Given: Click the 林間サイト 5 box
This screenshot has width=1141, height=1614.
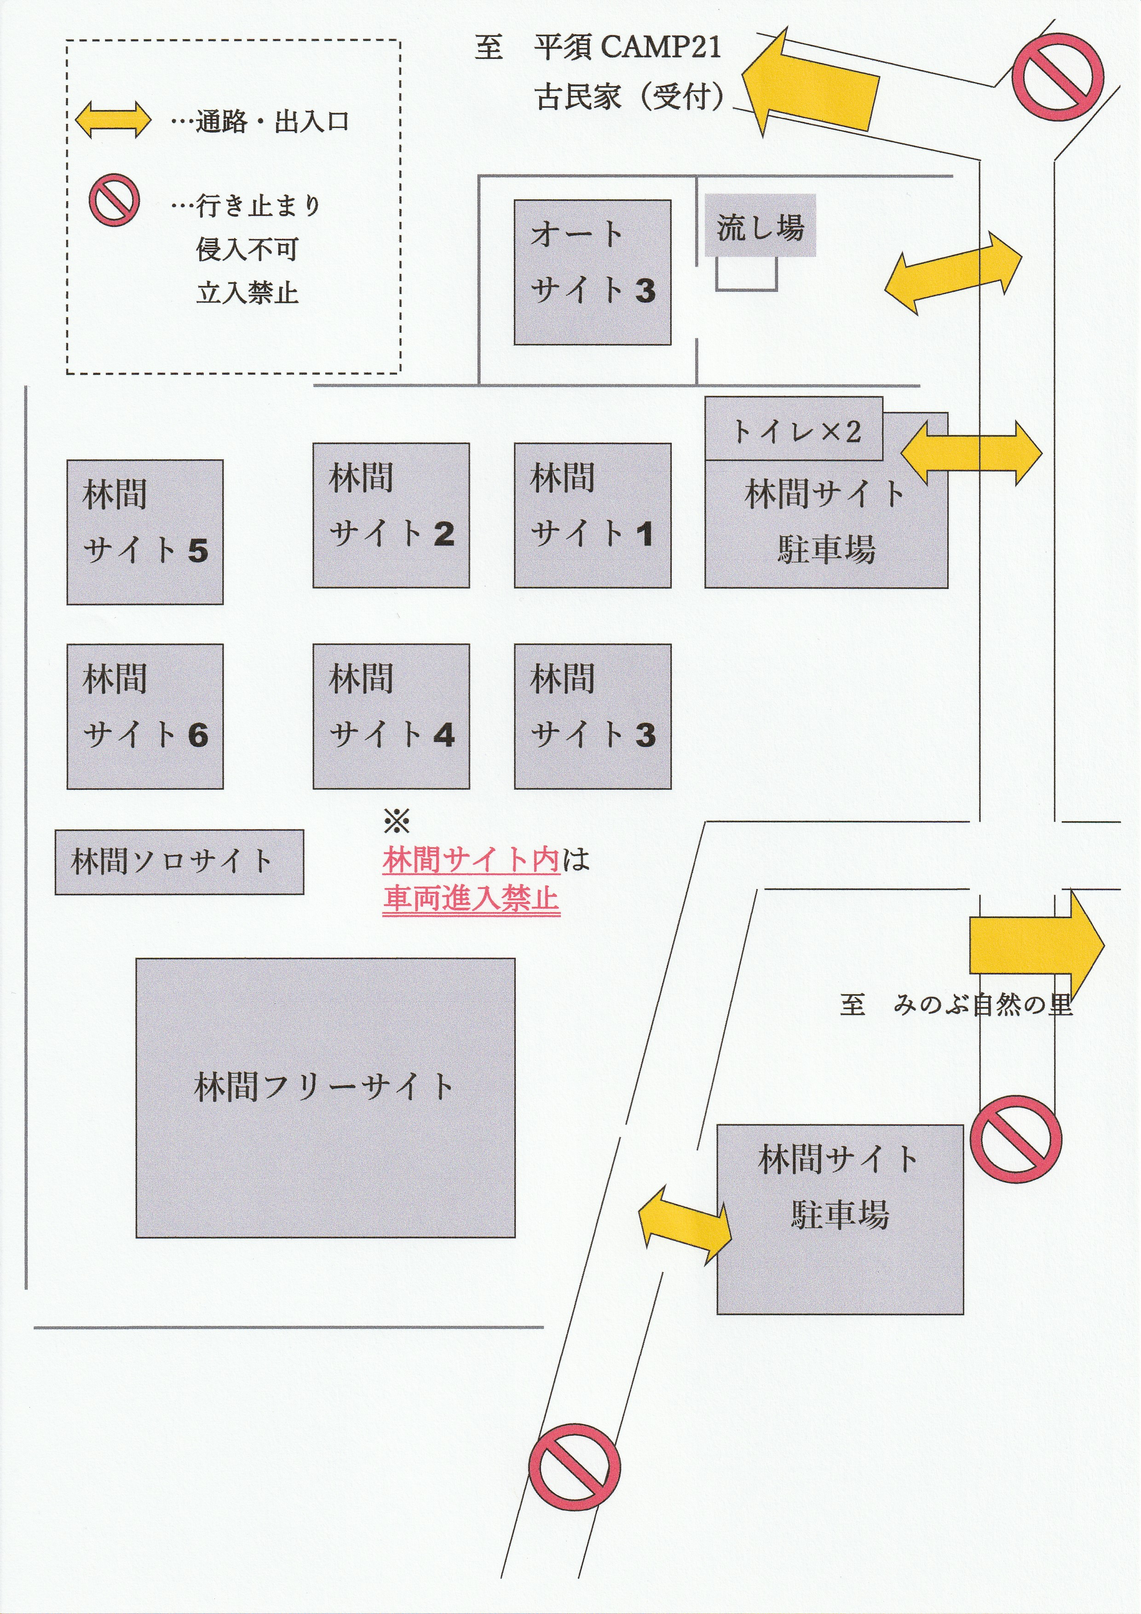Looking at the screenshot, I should pyautogui.click(x=145, y=532).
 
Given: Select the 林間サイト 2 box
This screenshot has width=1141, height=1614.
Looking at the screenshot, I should pyautogui.click(x=391, y=515).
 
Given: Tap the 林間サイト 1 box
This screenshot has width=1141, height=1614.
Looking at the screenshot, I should pyautogui.click(x=592, y=515).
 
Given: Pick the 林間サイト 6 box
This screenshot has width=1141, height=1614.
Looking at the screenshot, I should pyautogui.click(x=145, y=716).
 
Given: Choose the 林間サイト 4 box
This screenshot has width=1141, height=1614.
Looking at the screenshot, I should pyautogui.click(x=391, y=716).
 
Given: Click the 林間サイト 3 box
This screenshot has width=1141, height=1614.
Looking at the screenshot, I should pyautogui.click(x=592, y=716).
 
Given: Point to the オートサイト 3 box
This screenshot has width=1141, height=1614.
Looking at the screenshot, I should pyautogui.click(x=592, y=272).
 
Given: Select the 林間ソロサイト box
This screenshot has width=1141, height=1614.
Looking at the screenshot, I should pyautogui.click(x=179, y=862).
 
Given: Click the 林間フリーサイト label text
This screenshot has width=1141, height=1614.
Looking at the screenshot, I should pyautogui.click(x=325, y=1087).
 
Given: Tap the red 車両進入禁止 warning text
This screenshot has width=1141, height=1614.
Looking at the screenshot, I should pyautogui.click(x=471, y=899).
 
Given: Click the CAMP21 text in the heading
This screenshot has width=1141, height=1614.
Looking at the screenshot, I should pyautogui.click(x=660, y=47).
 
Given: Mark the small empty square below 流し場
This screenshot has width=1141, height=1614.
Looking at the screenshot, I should pyautogui.click(x=746, y=273).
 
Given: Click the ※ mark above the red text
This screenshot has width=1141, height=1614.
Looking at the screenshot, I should pyautogui.click(x=396, y=821).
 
